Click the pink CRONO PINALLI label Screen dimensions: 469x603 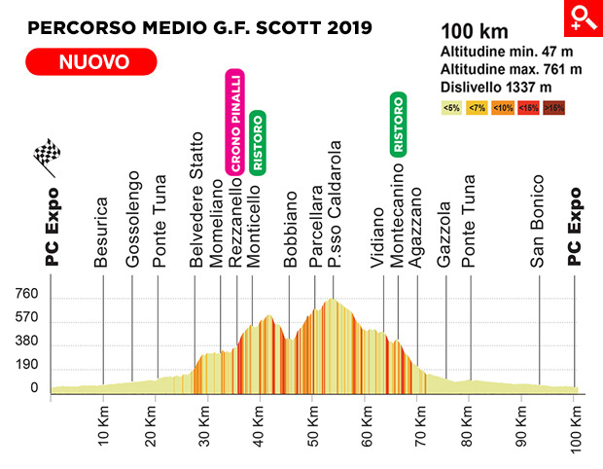[x=234, y=123]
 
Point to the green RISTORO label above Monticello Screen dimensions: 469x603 [x=257, y=142]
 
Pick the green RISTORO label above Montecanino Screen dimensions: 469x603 [x=397, y=125]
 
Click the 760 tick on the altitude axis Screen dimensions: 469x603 [x=26, y=295]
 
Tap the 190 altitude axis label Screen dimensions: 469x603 [x=26, y=365]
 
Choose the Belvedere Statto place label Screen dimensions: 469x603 [x=196, y=198]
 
